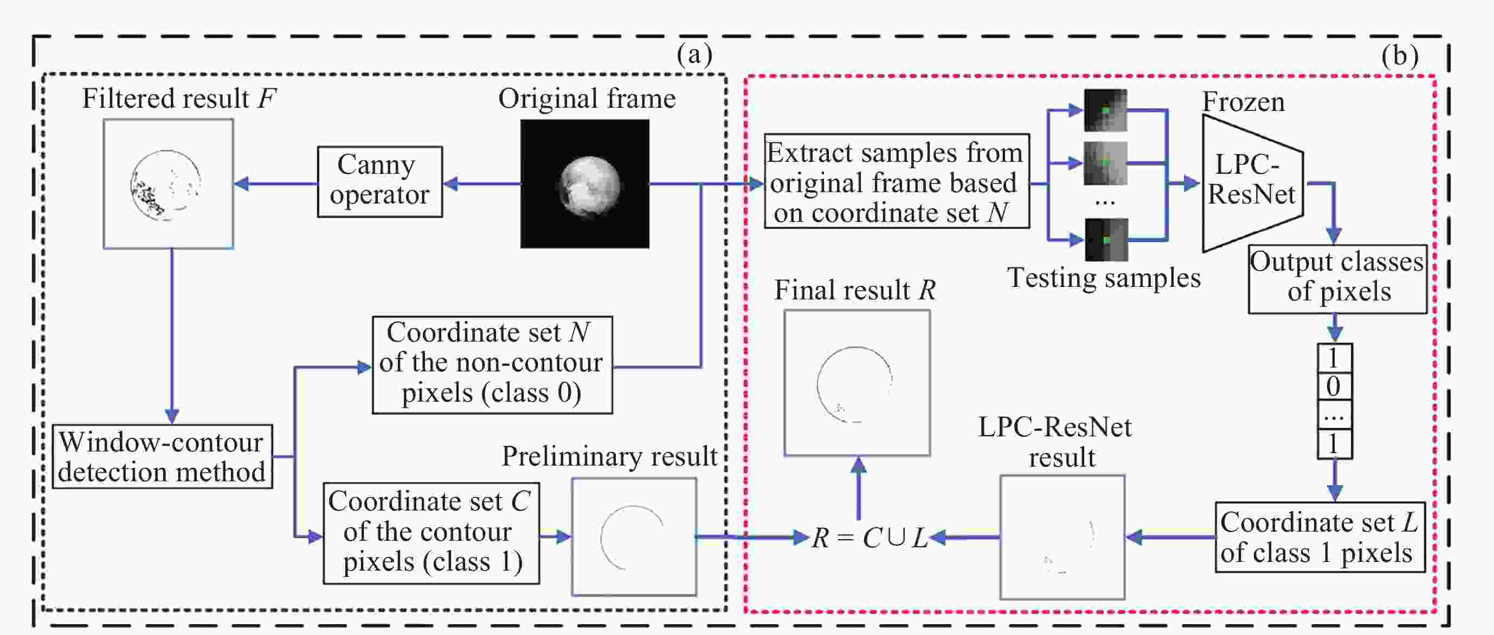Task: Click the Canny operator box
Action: tap(380, 182)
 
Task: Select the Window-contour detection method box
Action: tap(163, 456)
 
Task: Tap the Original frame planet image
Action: tap(584, 184)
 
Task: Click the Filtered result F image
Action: tap(168, 184)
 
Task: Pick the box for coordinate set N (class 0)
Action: tap(492, 364)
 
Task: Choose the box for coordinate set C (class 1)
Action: tap(431, 533)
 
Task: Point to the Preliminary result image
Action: tap(634, 536)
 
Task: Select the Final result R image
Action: tap(857, 383)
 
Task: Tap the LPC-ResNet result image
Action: tap(1062, 536)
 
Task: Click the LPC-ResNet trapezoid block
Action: tap(1253, 182)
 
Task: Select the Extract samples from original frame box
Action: tap(896, 182)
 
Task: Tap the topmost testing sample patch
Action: tap(1105, 110)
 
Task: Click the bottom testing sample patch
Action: tap(1106, 239)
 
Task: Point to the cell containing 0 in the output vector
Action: tap(1334, 387)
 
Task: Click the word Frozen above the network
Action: tap(1243, 102)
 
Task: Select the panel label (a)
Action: tap(694, 55)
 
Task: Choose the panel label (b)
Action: tap(1400, 56)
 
